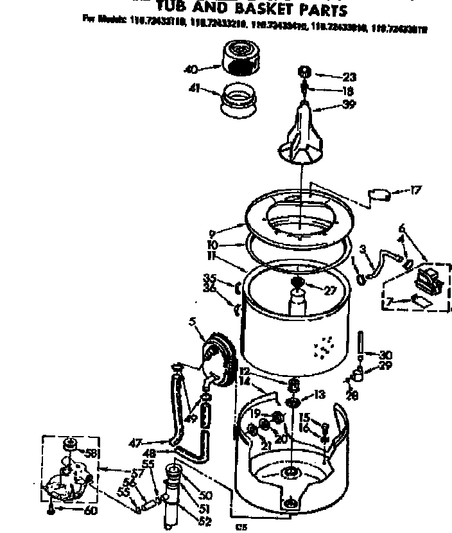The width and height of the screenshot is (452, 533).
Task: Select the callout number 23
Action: [x=349, y=77]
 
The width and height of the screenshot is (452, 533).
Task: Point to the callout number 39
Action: [x=349, y=105]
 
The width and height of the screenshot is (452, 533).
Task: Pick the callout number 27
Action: [x=330, y=290]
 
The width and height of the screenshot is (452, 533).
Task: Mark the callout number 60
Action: [x=91, y=511]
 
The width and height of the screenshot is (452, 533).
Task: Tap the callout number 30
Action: [x=385, y=354]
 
